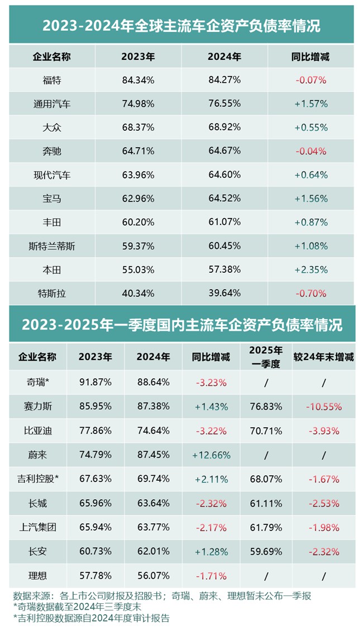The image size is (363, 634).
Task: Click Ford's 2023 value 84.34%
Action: [x=138, y=80]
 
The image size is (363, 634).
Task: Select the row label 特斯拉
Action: [x=52, y=294]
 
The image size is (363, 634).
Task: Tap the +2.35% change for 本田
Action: [x=311, y=269]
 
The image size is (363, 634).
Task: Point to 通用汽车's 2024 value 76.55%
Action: [x=224, y=104]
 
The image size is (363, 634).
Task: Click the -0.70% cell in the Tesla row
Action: [x=311, y=294]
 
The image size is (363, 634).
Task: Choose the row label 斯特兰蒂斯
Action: [x=52, y=246]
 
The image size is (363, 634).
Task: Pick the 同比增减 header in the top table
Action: [x=311, y=56]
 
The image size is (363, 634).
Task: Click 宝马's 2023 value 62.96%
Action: [x=138, y=198]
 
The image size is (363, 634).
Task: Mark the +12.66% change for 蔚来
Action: [x=211, y=455]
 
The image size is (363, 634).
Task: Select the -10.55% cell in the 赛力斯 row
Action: [x=323, y=407]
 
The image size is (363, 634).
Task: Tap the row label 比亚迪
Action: [x=37, y=431]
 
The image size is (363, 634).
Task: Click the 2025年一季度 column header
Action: [x=266, y=356]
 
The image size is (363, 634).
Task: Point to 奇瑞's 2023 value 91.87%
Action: [x=95, y=383]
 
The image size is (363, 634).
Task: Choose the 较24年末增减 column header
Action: [x=323, y=357]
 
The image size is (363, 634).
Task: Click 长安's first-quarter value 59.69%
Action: [x=266, y=551]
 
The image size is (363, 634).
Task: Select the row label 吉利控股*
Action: [x=37, y=479]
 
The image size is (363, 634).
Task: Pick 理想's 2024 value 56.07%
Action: [x=153, y=575]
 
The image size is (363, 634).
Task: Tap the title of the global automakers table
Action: [x=181, y=25]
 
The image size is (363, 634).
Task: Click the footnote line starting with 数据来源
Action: [x=162, y=596]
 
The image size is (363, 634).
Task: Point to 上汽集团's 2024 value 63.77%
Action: [x=153, y=527]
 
